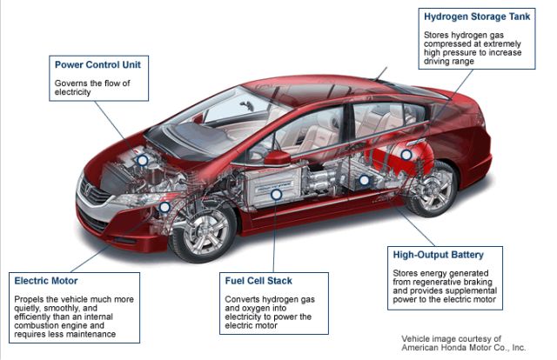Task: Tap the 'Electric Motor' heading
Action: (x=46, y=280)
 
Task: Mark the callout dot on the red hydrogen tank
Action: (x=405, y=153)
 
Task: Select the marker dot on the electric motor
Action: (x=164, y=208)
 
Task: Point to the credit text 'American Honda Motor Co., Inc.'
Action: (x=463, y=348)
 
